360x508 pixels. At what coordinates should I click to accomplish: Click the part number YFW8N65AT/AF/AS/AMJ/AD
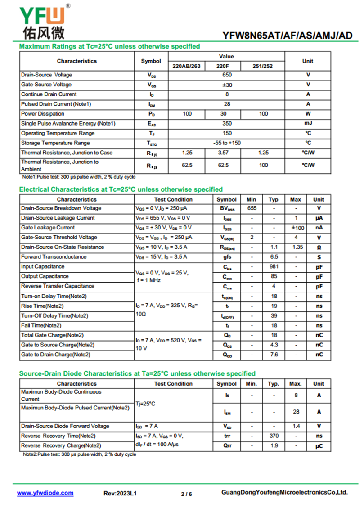(x=288, y=36)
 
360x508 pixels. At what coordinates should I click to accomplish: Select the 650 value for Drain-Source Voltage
(x=227, y=75)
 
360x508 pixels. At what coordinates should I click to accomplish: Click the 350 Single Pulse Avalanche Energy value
(x=227, y=124)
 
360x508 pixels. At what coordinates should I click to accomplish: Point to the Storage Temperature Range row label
(x=55, y=143)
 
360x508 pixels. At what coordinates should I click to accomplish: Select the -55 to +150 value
(x=227, y=143)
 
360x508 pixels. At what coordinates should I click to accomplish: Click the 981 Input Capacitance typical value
(x=274, y=267)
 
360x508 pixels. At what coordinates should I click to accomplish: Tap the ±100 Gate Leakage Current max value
(x=296, y=228)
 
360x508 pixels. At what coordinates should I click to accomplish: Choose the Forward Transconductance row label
(x=54, y=257)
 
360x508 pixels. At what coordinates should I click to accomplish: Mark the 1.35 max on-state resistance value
(x=296, y=247)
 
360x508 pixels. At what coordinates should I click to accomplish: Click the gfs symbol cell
(x=227, y=257)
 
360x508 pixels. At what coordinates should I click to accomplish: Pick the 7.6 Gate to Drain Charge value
(x=274, y=355)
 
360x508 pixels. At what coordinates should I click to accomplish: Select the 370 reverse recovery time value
(x=274, y=436)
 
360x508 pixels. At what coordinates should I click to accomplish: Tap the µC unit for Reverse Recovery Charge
(x=319, y=446)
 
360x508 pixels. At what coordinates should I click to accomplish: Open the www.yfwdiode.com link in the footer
(x=45, y=493)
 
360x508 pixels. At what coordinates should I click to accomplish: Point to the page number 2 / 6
(x=186, y=494)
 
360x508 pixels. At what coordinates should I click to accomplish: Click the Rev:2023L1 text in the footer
(x=120, y=494)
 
